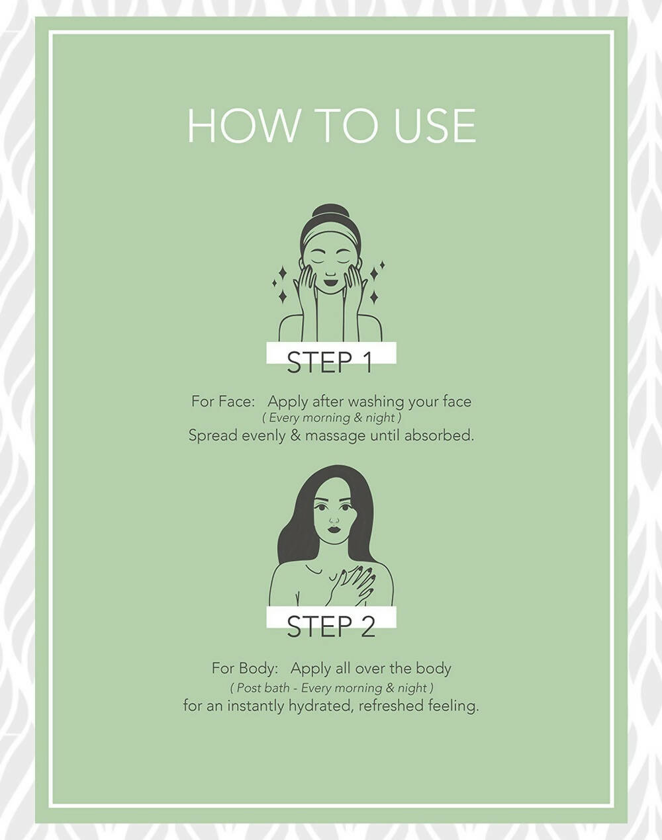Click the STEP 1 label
click(x=330, y=362)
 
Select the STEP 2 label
click(x=330, y=626)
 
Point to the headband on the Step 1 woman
click(x=330, y=236)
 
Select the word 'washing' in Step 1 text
click(x=377, y=402)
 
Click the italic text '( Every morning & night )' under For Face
click(x=331, y=418)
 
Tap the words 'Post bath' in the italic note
click(x=263, y=688)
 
